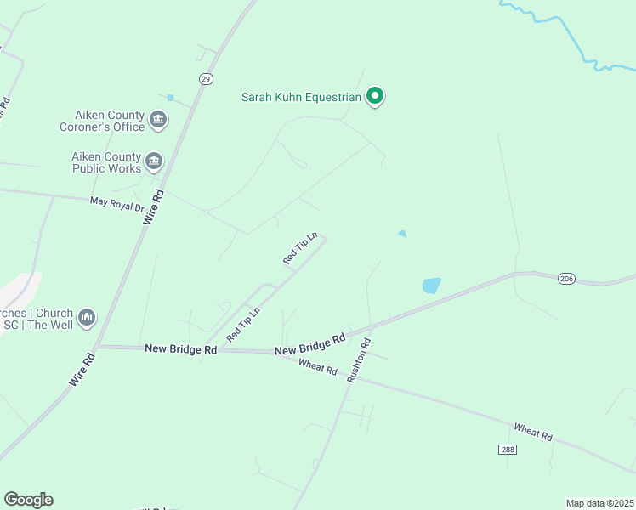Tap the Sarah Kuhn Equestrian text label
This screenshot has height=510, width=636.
coord(301,98)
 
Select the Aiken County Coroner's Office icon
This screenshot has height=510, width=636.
coord(158,121)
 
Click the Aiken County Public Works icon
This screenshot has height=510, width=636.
coord(154,161)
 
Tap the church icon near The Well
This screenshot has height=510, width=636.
coord(86,318)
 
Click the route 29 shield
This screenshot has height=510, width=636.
coord(206,79)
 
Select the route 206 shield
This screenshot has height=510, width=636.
coord(567,279)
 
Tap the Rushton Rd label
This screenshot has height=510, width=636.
coord(357,360)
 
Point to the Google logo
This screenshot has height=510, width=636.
coord(28,500)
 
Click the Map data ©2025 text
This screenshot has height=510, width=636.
coord(600,503)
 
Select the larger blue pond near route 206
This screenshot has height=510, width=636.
coord(432,286)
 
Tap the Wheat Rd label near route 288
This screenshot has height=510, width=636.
coord(533,432)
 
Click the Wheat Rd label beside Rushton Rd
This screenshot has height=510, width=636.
coord(319,367)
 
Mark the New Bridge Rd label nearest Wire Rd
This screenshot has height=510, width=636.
coord(180,348)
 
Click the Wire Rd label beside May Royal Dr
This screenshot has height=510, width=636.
coord(153,207)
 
